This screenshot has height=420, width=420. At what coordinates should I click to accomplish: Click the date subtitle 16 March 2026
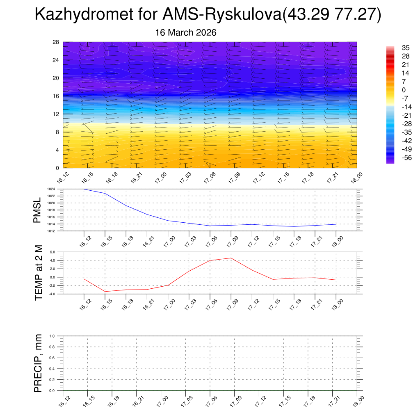pyautogui.click(x=186, y=32)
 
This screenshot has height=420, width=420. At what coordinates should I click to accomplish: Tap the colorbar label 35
pyautogui.click(x=406, y=48)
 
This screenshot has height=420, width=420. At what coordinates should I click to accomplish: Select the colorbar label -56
pyautogui.click(x=407, y=157)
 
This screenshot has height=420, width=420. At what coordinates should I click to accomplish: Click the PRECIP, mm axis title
pyautogui.click(x=38, y=363)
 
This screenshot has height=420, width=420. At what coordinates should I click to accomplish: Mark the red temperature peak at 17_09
pyautogui.click(x=231, y=258)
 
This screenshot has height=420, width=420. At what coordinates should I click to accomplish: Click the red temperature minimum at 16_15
pyautogui.click(x=105, y=292)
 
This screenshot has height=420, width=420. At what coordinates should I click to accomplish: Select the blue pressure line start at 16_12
pyautogui.click(x=84, y=189)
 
